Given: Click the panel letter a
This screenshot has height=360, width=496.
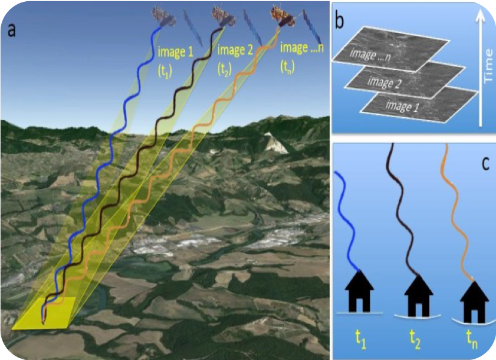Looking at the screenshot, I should click(x=13, y=30).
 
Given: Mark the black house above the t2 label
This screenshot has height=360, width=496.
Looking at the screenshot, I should click(x=418, y=294).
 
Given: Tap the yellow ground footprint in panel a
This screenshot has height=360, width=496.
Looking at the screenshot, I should click(x=48, y=312).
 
